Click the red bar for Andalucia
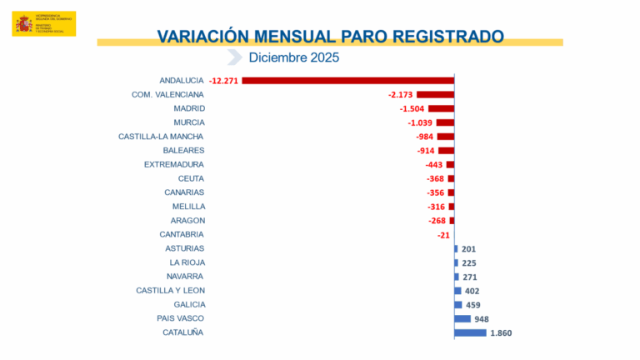tap(348, 81)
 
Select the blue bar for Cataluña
tap(470, 332)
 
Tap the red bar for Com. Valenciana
tap(435, 95)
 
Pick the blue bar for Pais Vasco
tap(462, 318)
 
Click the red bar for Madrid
tap(441, 108)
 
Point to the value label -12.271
tap(224, 81)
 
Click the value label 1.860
tap(501, 333)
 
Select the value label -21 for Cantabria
tap(443, 235)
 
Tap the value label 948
tap(482, 319)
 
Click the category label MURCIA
tap(188, 122)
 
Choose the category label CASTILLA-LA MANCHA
tap(162, 137)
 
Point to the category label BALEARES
tap(184, 150)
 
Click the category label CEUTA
tap(192, 178)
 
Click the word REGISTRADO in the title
tap(441, 37)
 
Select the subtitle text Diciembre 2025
tap(294, 57)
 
